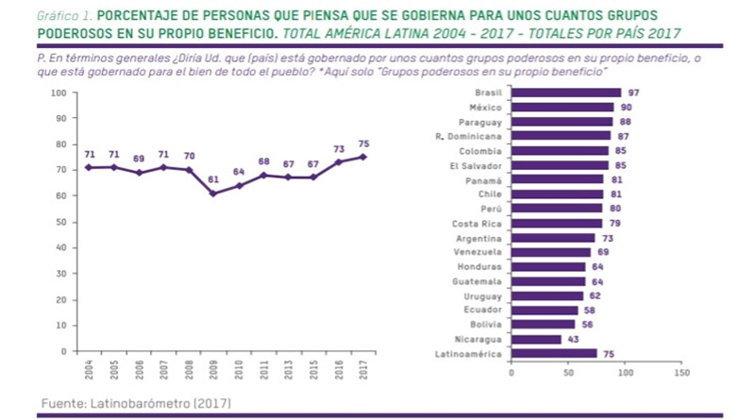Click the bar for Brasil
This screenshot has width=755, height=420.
[x=565, y=92]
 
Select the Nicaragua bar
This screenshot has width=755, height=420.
[x=535, y=339]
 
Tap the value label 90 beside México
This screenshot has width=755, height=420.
[x=624, y=108]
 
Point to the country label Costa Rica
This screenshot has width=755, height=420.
[x=478, y=223]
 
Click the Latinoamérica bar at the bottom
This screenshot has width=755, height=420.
[x=553, y=354]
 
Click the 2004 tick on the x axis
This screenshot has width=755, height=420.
[x=90, y=368]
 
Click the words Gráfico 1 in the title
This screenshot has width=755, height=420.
[x=61, y=17]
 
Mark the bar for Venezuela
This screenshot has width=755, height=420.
[x=550, y=252]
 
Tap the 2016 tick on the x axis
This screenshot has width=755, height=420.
[x=340, y=368]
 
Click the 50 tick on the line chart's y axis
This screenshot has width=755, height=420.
[x=60, y=222]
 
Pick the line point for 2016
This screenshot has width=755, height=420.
[x=340, y=162]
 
